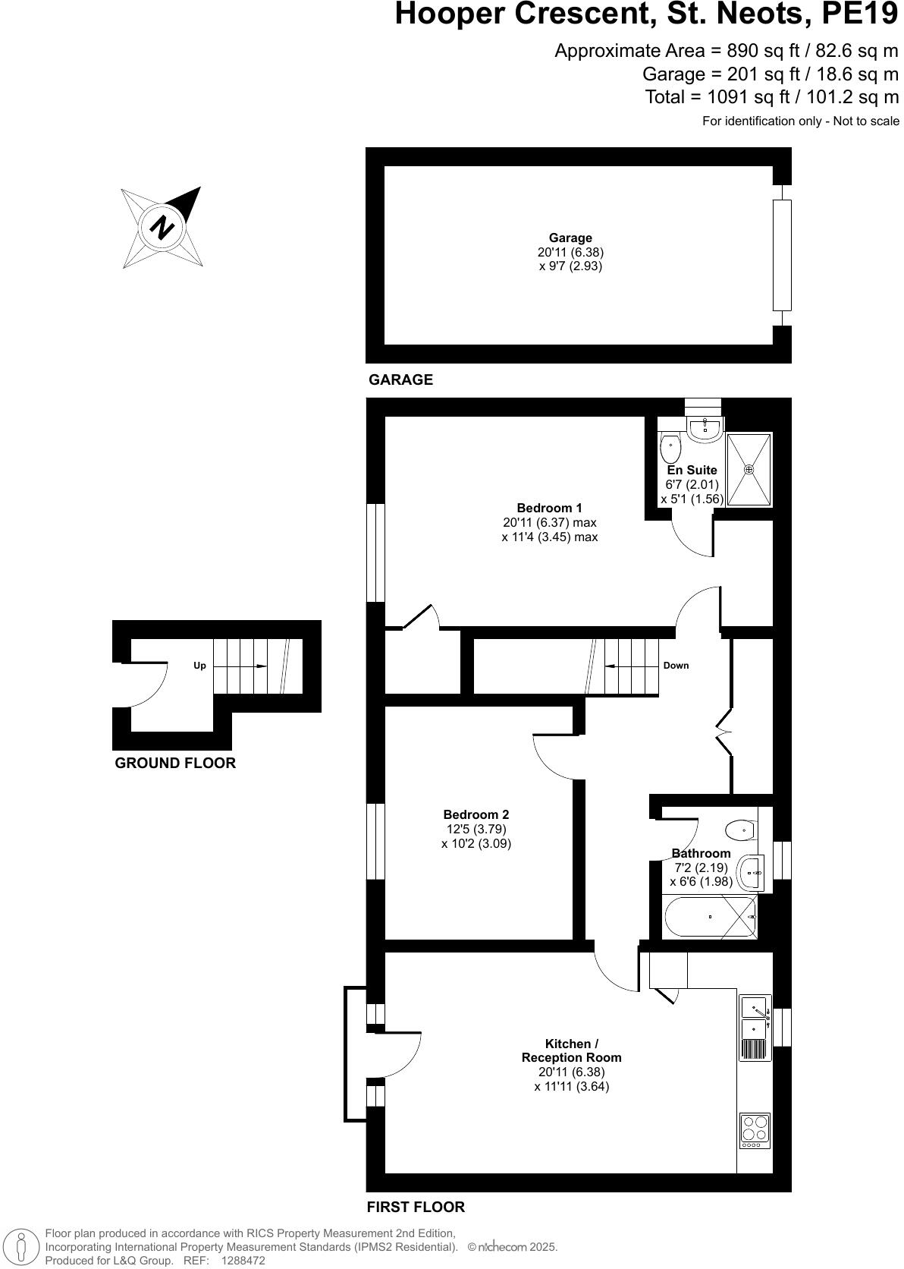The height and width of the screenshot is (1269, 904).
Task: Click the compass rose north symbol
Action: (x=162, y=227)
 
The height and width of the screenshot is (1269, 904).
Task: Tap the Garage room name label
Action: (x=570, y=238)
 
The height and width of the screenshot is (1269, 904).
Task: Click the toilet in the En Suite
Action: (x=670, y=449)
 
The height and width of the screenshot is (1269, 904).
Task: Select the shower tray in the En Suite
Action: (x=749, y=469)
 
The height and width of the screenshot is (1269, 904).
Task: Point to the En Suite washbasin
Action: (x=705, y=429)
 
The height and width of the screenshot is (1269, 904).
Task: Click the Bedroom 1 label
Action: (x=549, y=508)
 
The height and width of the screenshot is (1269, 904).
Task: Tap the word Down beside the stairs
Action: (x=676, y=666)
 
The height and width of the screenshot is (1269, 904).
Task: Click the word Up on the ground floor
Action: (x=199, y=666)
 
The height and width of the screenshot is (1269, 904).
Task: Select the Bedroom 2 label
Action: (x=476, y=814)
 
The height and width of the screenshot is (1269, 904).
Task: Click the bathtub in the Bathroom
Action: (x=710, y=917)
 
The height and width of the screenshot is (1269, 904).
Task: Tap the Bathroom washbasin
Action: (x=752, y=873)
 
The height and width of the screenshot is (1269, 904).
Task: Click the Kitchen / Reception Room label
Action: (x=571, y=1050)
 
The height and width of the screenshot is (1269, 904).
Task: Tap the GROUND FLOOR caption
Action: (x=175, y=763)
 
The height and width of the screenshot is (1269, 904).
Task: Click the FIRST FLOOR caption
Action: (x=416, y=1207)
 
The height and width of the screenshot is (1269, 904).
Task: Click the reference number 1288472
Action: (x=243, y=1261)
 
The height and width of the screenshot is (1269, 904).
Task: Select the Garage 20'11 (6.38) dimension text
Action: (x=570, y=252)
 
